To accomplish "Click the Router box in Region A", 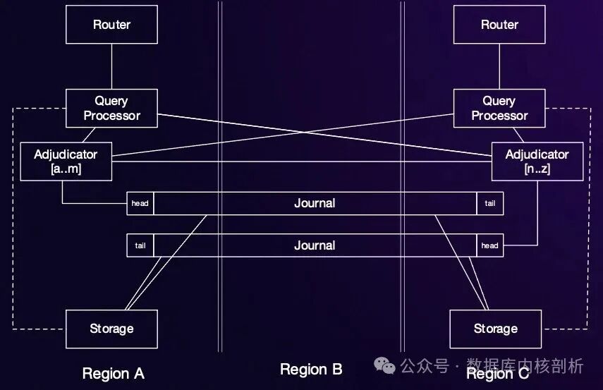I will coord(111,25).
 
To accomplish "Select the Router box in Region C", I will coord(499,25).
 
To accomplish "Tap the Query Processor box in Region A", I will coord(111,108).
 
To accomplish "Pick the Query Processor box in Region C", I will coord(499,108).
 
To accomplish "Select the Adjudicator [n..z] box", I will coord(537,162).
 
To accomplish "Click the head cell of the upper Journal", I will coord(140,203).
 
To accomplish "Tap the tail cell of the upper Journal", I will coord(489,203).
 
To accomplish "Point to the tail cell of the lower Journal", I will coord(140,245).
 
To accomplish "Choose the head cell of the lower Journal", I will coord(489,245).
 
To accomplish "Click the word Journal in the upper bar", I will coord(315,203).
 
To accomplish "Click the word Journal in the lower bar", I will coord(315,245).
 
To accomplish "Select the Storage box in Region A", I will coord(111,329).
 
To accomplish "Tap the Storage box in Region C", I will coord(495,329).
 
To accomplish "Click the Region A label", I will coord(113,373).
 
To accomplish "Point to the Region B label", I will coord(311,369).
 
